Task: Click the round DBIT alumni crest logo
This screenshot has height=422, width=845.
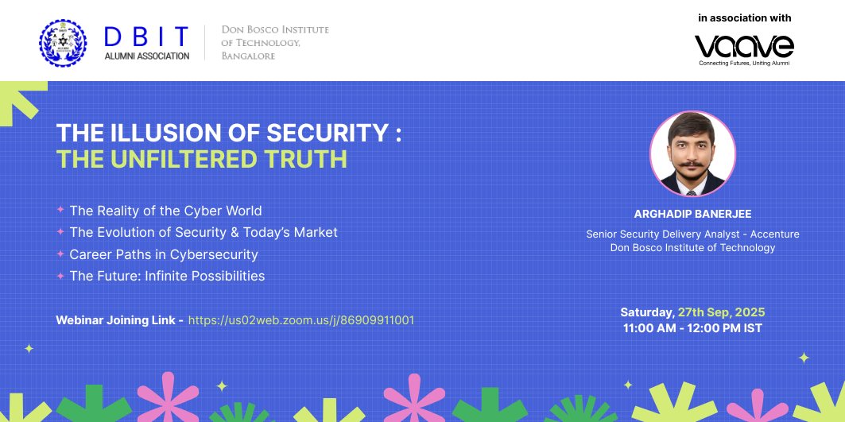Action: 63,43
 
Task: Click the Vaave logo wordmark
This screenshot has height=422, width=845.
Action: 744,46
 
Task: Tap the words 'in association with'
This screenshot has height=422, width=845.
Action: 744,18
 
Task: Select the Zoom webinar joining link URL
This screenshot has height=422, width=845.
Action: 300,320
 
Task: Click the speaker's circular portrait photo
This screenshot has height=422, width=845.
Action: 692,153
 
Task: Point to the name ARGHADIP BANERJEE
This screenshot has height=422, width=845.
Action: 692,214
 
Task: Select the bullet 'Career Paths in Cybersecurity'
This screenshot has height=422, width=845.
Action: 164,254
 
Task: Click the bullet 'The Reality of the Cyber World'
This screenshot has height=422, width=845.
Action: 165,210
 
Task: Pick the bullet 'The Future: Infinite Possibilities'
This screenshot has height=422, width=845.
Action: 167,277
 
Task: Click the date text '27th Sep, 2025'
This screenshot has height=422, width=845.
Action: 721,312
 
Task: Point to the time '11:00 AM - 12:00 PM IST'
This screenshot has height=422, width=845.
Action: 692,328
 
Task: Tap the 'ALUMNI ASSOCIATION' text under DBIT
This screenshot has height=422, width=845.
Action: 147,56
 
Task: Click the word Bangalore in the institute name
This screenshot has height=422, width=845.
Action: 249,56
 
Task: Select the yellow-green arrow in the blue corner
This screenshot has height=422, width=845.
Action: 21,102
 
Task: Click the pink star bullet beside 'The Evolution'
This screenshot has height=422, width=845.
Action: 60,232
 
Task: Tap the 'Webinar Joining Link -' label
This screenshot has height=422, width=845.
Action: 120,320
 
